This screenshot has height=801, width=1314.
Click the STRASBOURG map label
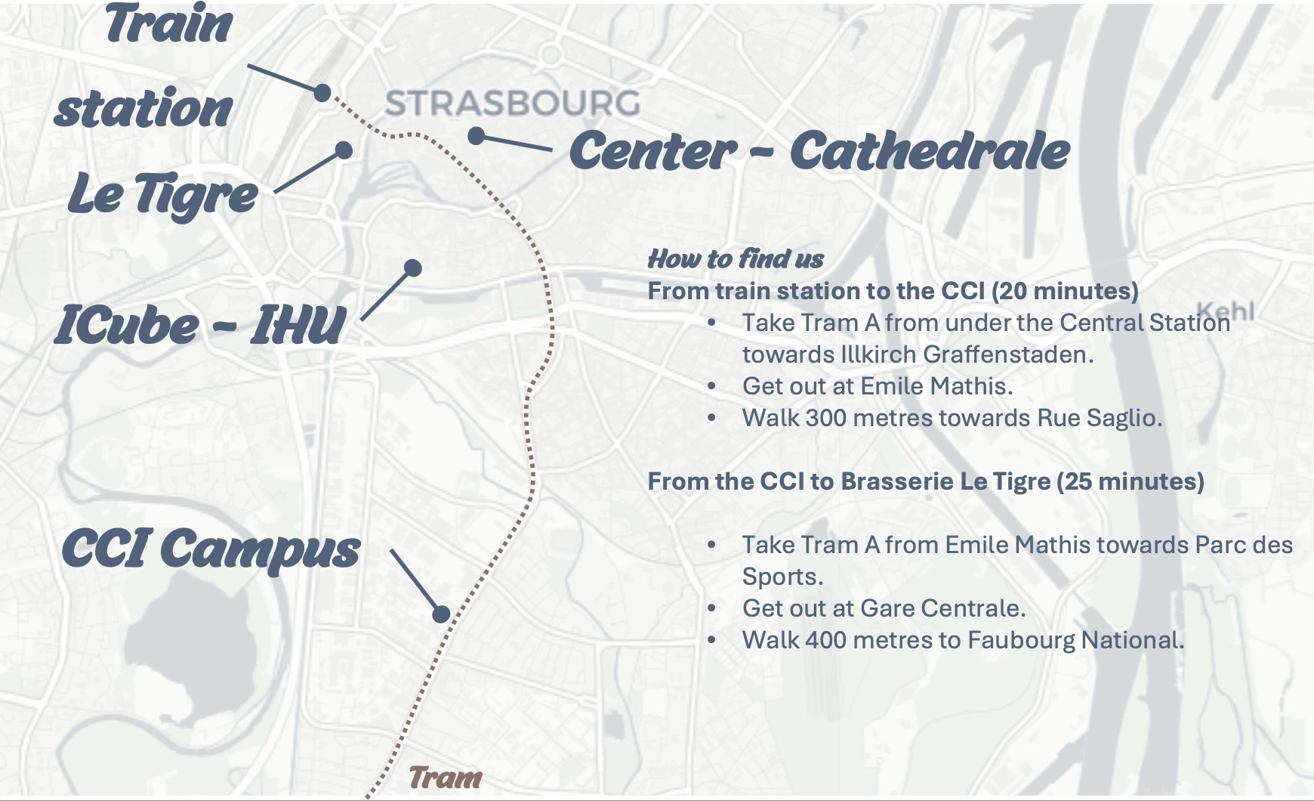click(x=513, y=104)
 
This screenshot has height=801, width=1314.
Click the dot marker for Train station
click(x=322, y=93)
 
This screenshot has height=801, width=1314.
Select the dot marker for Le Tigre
click(x=344, y=150)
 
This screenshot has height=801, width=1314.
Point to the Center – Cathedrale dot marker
click(x=476, y=136)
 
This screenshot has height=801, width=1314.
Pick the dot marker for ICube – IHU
click(x=412, y=268)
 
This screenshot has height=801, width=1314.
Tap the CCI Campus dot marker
click(x=441, y=614)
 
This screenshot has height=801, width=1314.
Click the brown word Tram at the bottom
click(x=446, y=778)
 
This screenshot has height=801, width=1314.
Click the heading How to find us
click(x=736, y=259)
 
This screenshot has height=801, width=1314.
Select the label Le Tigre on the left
click(x=162, y=195)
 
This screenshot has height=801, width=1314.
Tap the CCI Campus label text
click(x=210, y=549)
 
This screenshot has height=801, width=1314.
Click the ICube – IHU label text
click(x=200, y=326)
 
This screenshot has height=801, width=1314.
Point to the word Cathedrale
click(x=930, y=151)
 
